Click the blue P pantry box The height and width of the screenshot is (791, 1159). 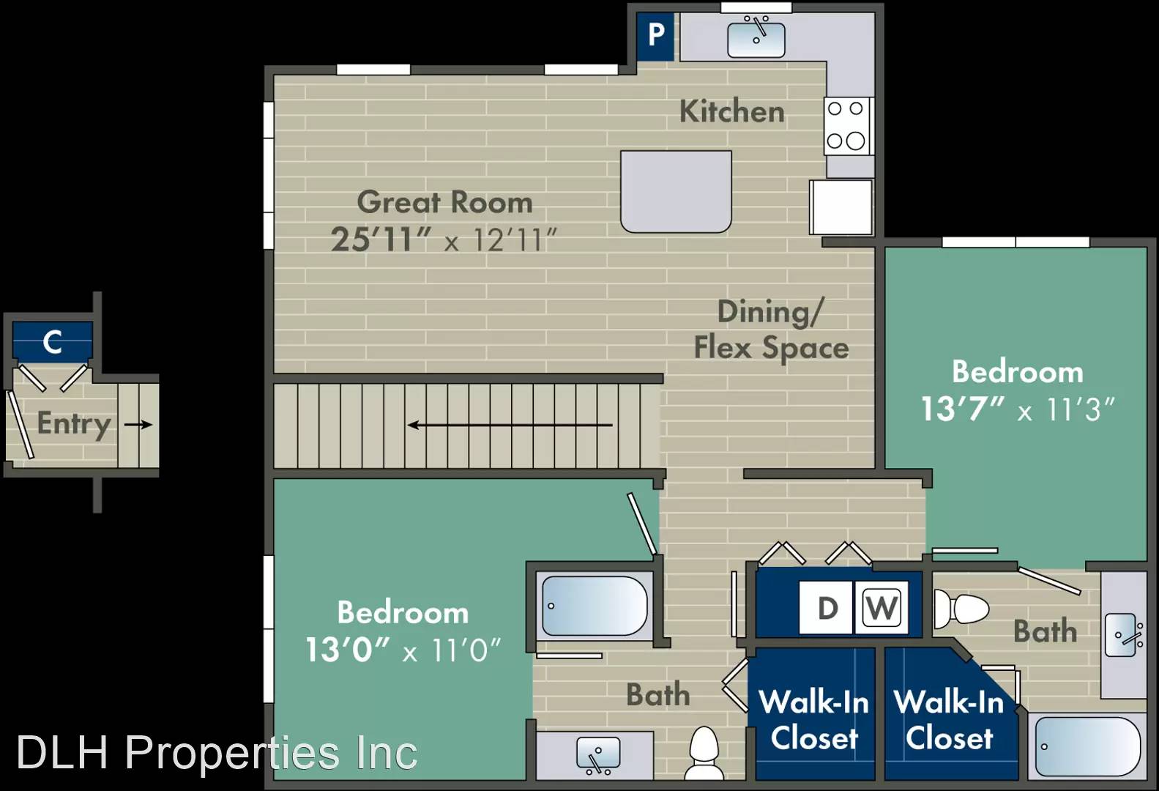click(655, 36)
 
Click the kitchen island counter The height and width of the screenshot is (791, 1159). click(676, 192)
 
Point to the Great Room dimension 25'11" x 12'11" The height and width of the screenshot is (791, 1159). click(444, 239)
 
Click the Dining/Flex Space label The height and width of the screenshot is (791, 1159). click(771, 330)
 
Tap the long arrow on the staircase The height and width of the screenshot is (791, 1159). click(510, 425)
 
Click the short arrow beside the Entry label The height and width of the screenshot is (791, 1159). click(138, 425)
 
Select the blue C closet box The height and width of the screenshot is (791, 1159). click(53, 341)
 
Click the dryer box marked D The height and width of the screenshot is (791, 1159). click(827, 607)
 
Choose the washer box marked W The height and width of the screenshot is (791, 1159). click(882, 607)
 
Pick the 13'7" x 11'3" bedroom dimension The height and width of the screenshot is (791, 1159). click(1017, 409)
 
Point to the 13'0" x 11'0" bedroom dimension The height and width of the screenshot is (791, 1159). click(403, 650)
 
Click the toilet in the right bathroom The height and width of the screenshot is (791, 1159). click(961, 608)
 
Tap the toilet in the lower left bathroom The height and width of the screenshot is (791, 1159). click(704, 753)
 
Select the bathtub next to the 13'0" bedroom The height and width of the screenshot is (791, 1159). click(594, 606)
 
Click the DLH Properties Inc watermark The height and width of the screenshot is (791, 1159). click(217, 752)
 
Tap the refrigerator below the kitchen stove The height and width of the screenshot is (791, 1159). click(841, 207)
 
